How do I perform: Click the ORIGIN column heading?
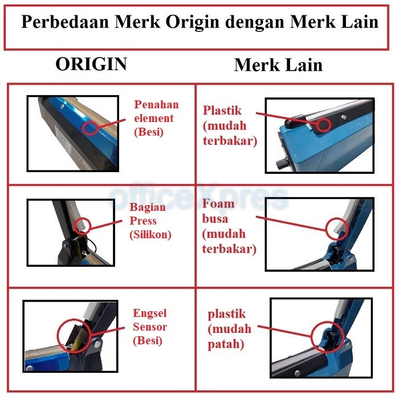point(91,64)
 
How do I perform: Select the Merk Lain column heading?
point(278,65)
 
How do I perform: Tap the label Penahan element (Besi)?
point(156,118)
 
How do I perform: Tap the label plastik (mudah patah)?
point(227,329)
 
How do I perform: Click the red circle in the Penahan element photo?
point(89,127)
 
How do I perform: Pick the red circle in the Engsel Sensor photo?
point(74,334)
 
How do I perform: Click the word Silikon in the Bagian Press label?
point(150,234)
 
